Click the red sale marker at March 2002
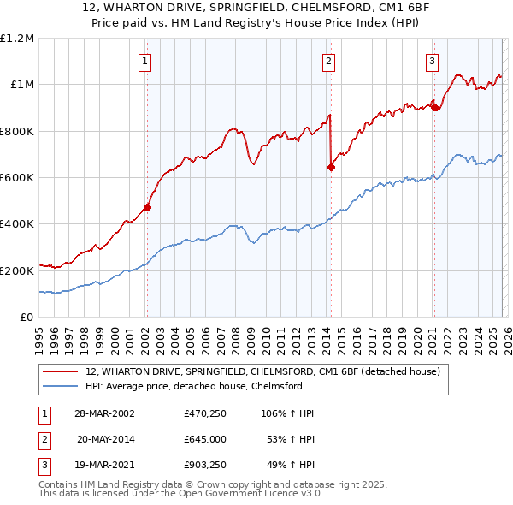point(147,206)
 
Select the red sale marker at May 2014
point(331,167)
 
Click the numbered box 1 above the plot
point(145,61)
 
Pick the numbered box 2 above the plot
point(329,61)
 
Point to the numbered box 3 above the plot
point(433,61)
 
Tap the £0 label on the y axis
point(27,318)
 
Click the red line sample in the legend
point(60,371)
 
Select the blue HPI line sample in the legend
point(60,386)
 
